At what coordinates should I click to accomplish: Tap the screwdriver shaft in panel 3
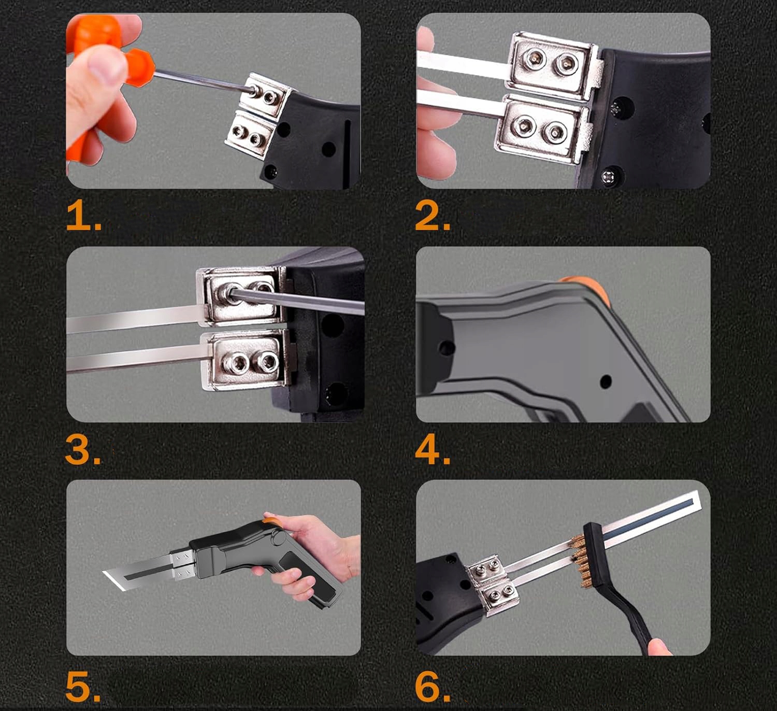[296, 302]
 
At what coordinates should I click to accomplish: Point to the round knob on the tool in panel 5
[277, 538]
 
